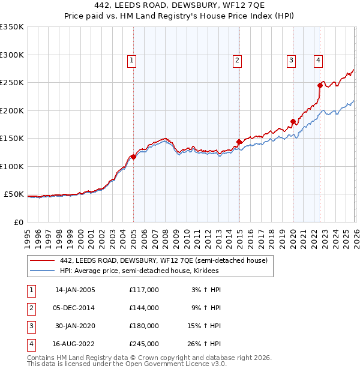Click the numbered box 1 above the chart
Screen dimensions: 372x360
tap(131, 60)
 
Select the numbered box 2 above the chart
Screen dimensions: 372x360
tap(238, 60)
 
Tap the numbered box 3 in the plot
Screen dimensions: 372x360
tap(291, 60)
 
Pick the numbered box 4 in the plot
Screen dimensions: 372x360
tap(318, 60)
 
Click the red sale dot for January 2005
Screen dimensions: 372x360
tap(133, 157)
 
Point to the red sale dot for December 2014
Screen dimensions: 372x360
tap(239, 142)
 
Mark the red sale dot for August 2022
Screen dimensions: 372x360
tap(320, 86)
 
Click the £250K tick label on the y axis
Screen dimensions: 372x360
tap(12, 83)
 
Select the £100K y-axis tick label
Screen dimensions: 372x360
tap(12, 166)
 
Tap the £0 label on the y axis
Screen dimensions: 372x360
tap(18, 222)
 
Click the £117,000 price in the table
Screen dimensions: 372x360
tap(143, 290)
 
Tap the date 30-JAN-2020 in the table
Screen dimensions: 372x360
tap(75, 326)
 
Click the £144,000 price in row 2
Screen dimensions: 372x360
tap(143, 308)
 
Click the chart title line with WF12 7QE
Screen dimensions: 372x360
tap(180, 6)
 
